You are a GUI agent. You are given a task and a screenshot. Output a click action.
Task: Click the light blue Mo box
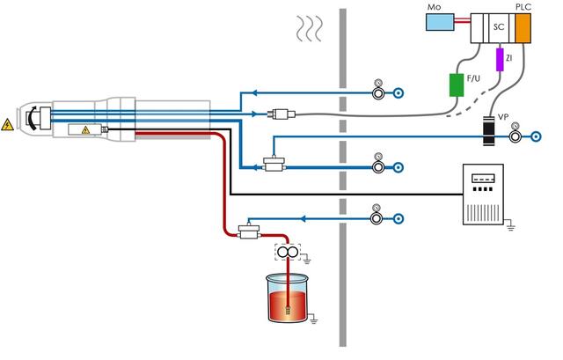439,22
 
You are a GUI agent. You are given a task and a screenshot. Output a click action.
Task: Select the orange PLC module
524,27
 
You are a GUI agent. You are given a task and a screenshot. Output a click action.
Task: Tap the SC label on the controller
498,27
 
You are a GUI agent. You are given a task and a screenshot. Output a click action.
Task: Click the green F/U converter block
457,84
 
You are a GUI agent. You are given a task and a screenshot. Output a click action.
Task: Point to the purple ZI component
500,59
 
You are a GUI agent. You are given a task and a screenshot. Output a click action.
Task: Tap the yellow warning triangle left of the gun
9,125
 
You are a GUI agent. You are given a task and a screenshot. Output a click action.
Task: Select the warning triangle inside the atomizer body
85,130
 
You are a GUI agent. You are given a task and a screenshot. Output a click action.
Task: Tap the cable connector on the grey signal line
282,114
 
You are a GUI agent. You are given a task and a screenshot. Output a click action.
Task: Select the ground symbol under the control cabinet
510,228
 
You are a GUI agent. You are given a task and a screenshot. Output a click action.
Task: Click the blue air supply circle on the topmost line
398,91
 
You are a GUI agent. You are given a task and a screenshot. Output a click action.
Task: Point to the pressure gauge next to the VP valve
516,126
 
